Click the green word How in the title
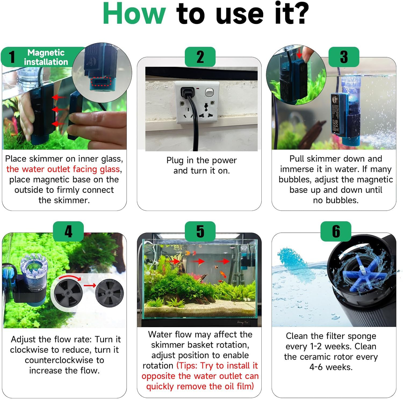coord(134,13)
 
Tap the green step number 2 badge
coord(200,57)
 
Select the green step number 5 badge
coord(200,231)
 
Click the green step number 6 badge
coord(336,231)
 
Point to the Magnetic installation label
coord(46,57)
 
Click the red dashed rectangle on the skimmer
coord(99,81)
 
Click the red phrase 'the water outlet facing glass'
coord(63,169)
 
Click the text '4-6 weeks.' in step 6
coord(331,367)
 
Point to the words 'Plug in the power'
coord(201,160)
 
